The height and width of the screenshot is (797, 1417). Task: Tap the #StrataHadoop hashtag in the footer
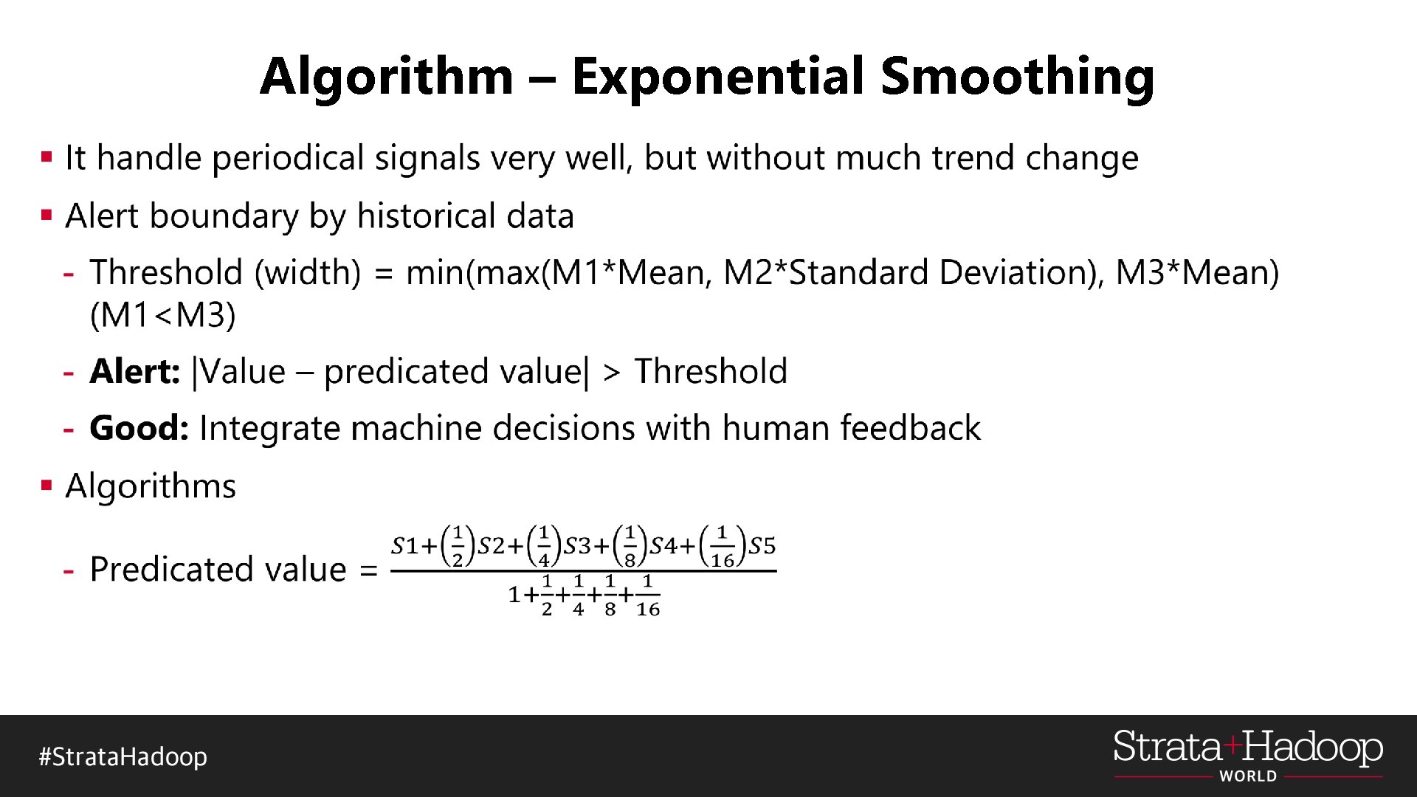coord(123,757)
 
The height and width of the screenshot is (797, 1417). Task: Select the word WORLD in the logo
coord(1248,776)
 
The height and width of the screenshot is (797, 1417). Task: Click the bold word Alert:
coord(135,371)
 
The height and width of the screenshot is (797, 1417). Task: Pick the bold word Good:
coord(139,428)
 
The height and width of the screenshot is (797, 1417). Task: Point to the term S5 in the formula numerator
coord(762,546)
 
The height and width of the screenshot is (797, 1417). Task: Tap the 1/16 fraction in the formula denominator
coord(647,595)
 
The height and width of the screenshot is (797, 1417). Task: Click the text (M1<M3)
coord(162,316)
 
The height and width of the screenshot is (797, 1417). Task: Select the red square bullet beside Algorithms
coord(47,486)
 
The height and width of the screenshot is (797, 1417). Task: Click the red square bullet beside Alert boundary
coord(47,215)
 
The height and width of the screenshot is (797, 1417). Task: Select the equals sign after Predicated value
coord(368,570)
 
